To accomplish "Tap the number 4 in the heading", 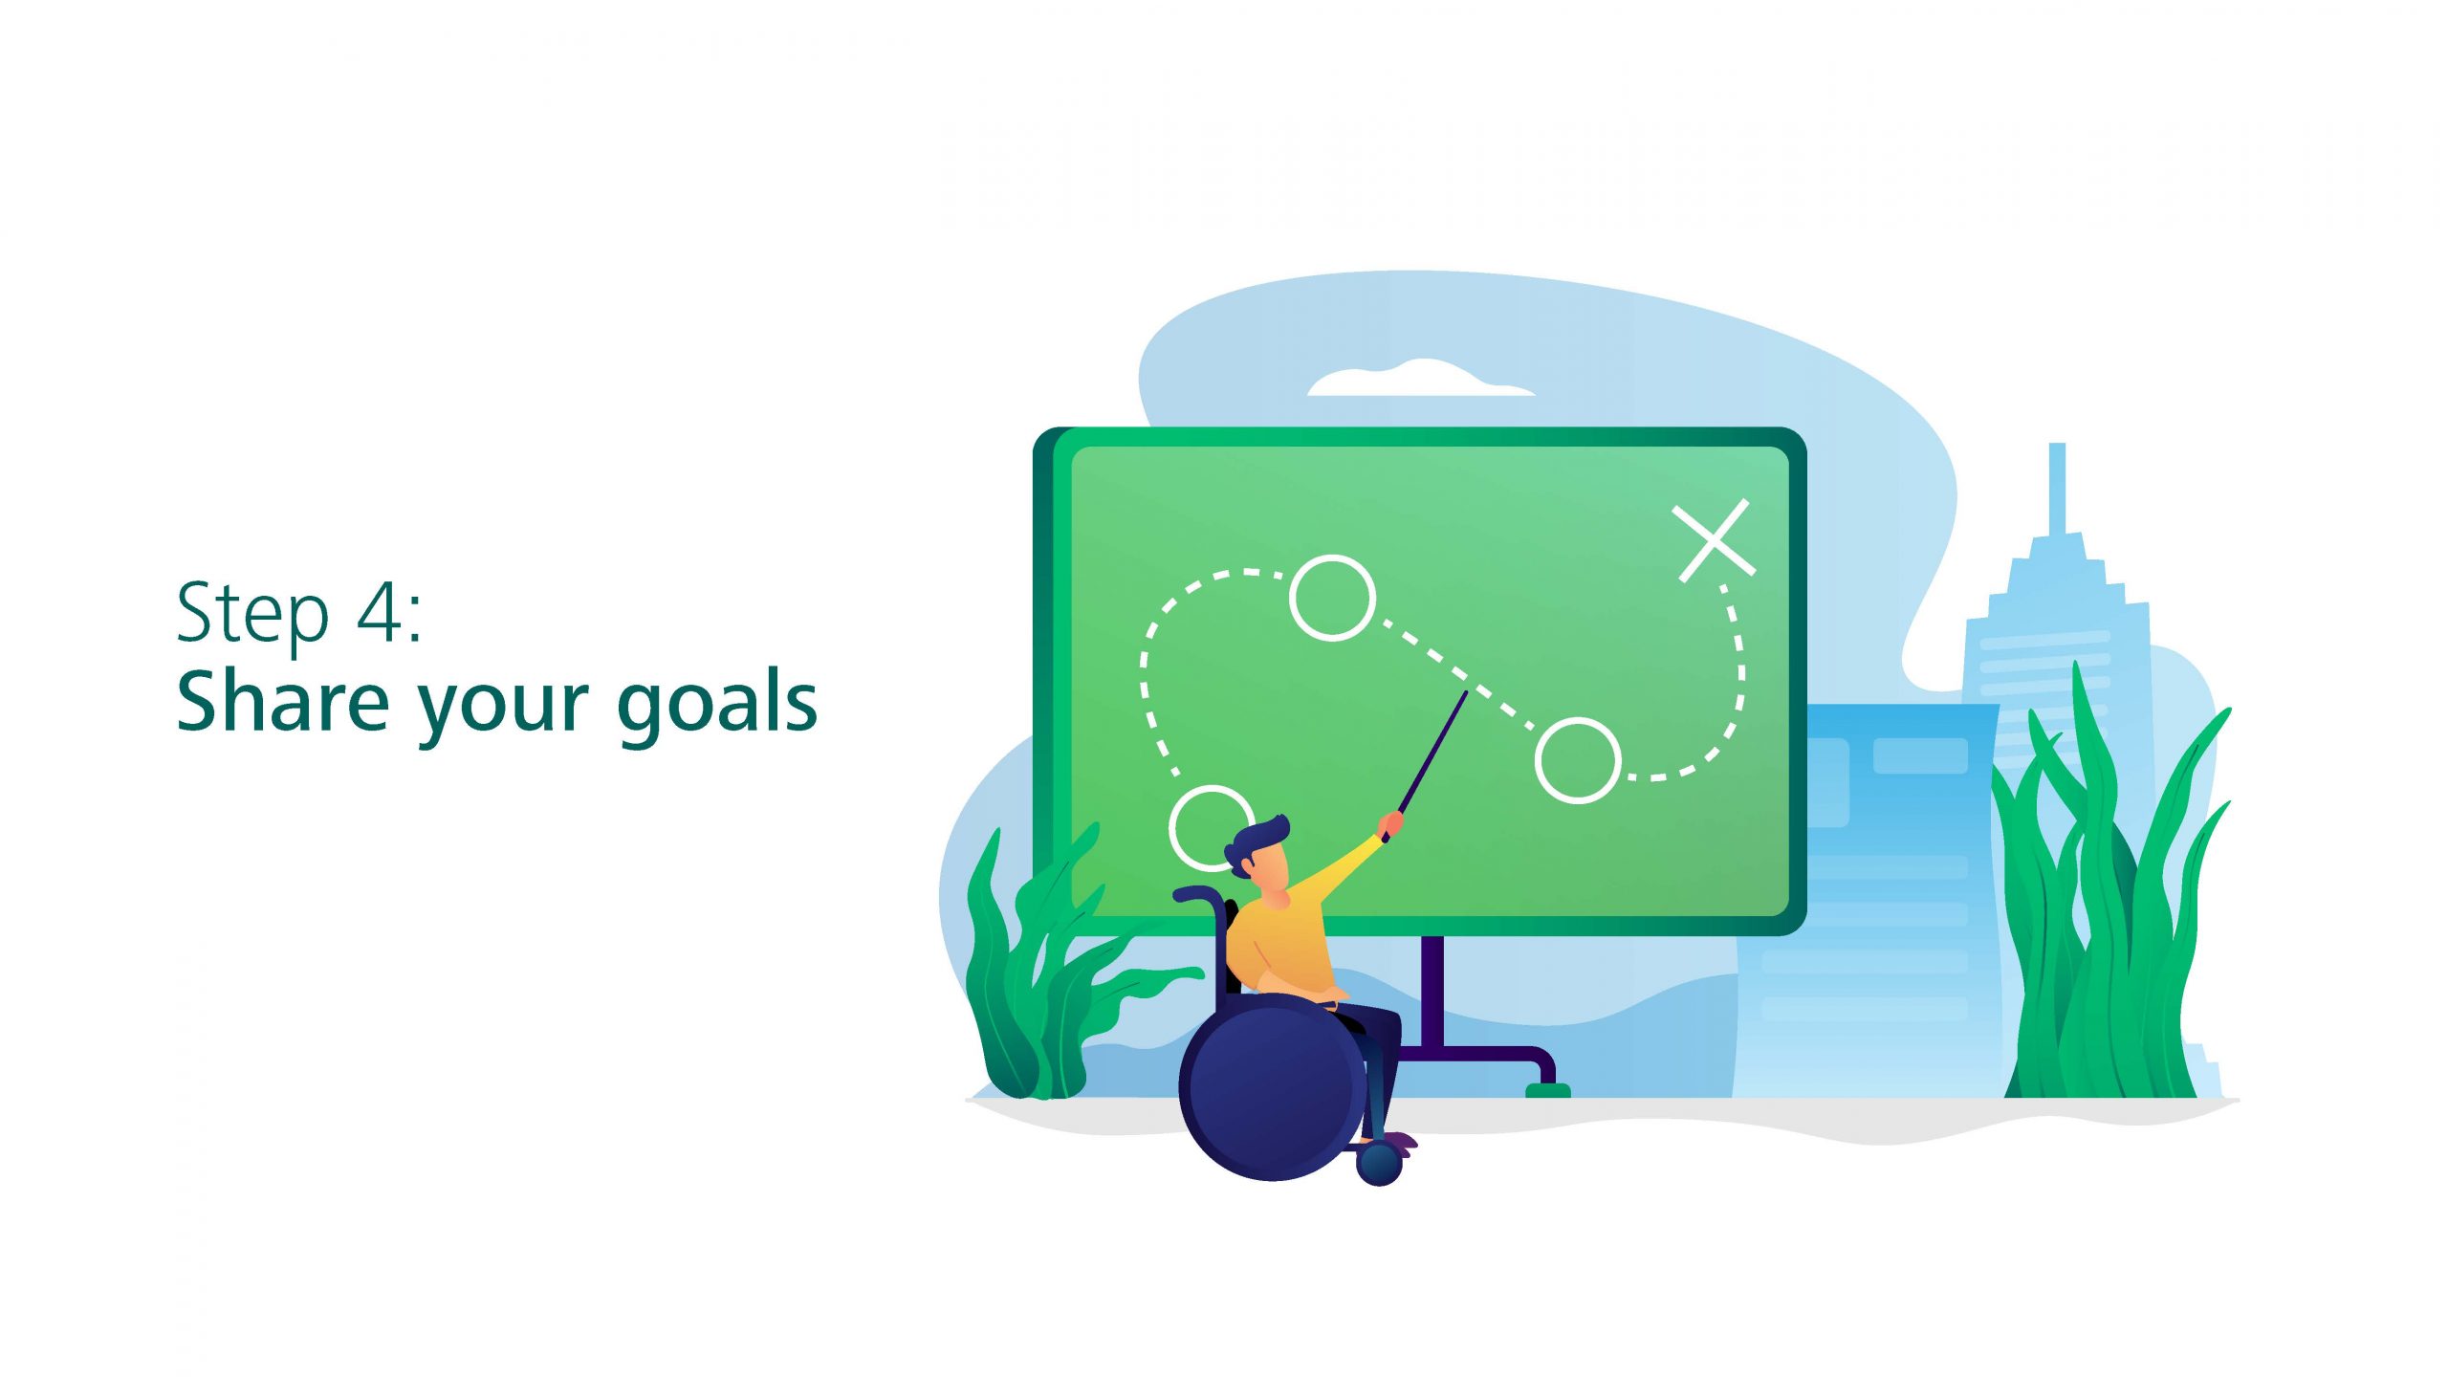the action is [381, 612].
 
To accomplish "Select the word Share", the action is [283, 701].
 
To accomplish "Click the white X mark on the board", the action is [1714, 540].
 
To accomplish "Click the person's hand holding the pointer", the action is [1392, 823].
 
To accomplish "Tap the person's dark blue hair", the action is [1257, 841].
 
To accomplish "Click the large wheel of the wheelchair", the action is [1273, 1087].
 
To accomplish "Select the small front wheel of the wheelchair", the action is [1379, 1164].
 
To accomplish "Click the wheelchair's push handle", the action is [1196, 895].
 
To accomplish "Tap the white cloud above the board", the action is [1421, 379].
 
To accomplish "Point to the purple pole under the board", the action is [1432, 994].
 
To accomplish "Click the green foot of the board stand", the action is [1547, 1089].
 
